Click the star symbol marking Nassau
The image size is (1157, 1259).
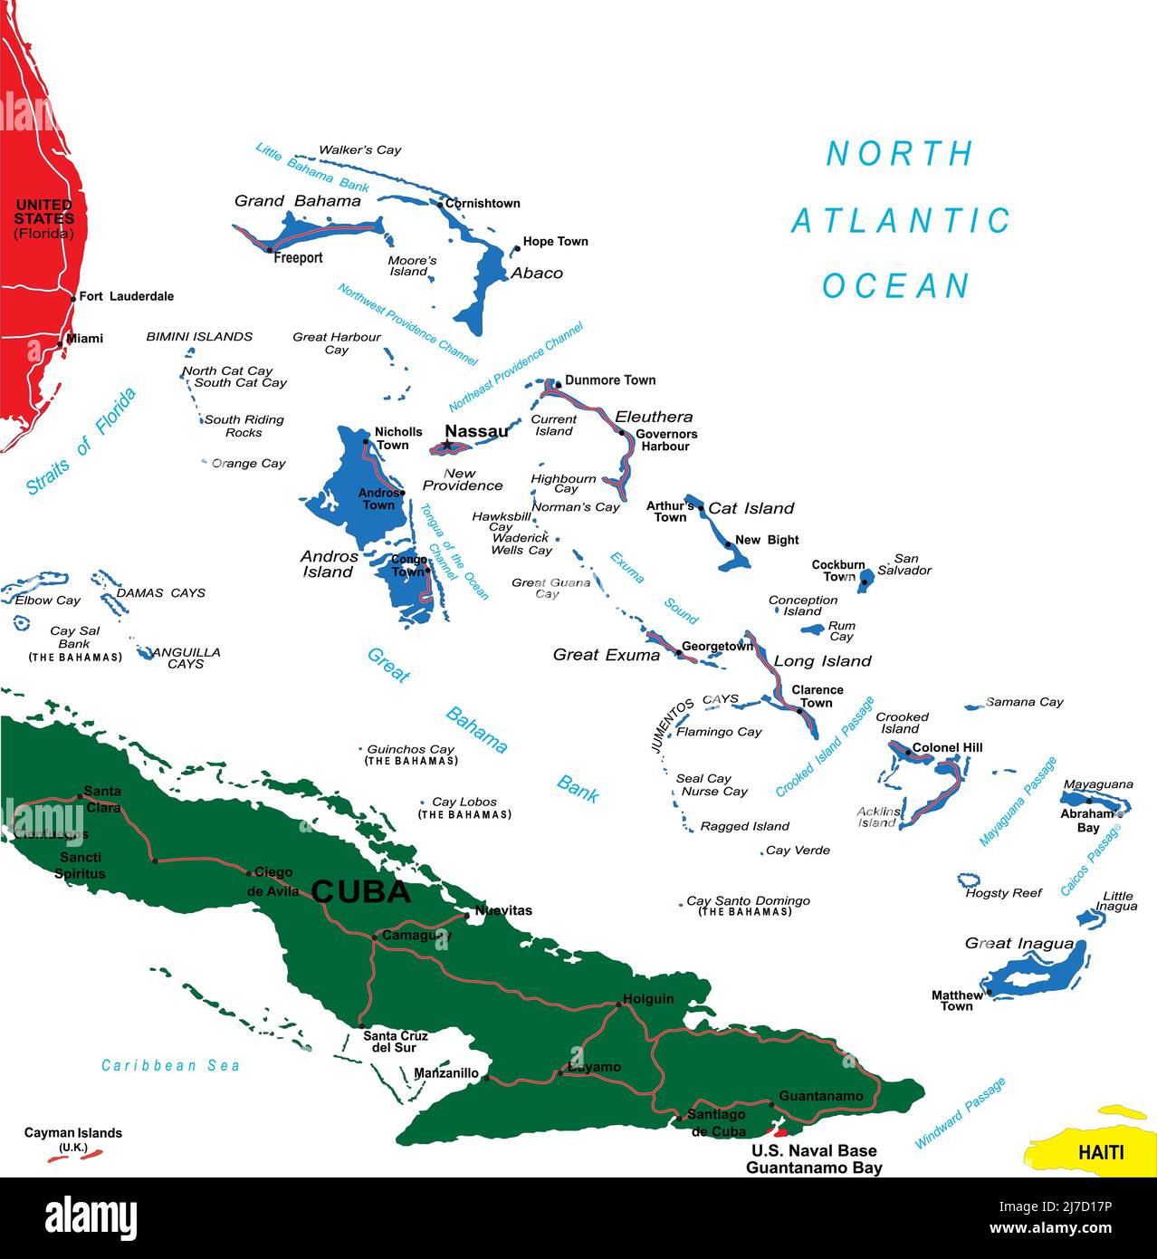click(x=446, y=445)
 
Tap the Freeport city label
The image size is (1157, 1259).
click(x=298, y=258)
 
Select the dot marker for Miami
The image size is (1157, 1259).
click(x=61, y=343)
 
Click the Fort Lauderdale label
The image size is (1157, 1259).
click(x=126, y=296)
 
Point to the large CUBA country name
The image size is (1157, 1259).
click(x=361, y=892)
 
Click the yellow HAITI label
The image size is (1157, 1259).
click(x=1101, y=1152)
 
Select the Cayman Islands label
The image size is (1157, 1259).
click(x=72, y=1133)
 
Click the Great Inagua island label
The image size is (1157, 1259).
click(x=1018, y=943)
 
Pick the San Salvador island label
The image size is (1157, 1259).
click(x=904, y=564)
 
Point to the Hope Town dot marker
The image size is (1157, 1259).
click(x=516, y=247)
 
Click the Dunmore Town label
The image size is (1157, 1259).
click(x=610, y=380)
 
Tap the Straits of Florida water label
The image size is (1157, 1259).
click(x=81, y=441)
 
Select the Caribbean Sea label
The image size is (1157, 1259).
click(x=170, y=1065)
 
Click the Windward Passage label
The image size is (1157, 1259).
click(x=961, y=1113)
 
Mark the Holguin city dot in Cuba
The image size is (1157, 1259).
click(x=617, y=1004)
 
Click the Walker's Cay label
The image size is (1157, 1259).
click(x=359, y=149)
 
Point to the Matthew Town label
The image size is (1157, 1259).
click(x=957, y=1001)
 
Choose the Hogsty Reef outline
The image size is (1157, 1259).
click(x=970, y=879)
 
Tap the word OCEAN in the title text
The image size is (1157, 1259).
click(x=895, y=286)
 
